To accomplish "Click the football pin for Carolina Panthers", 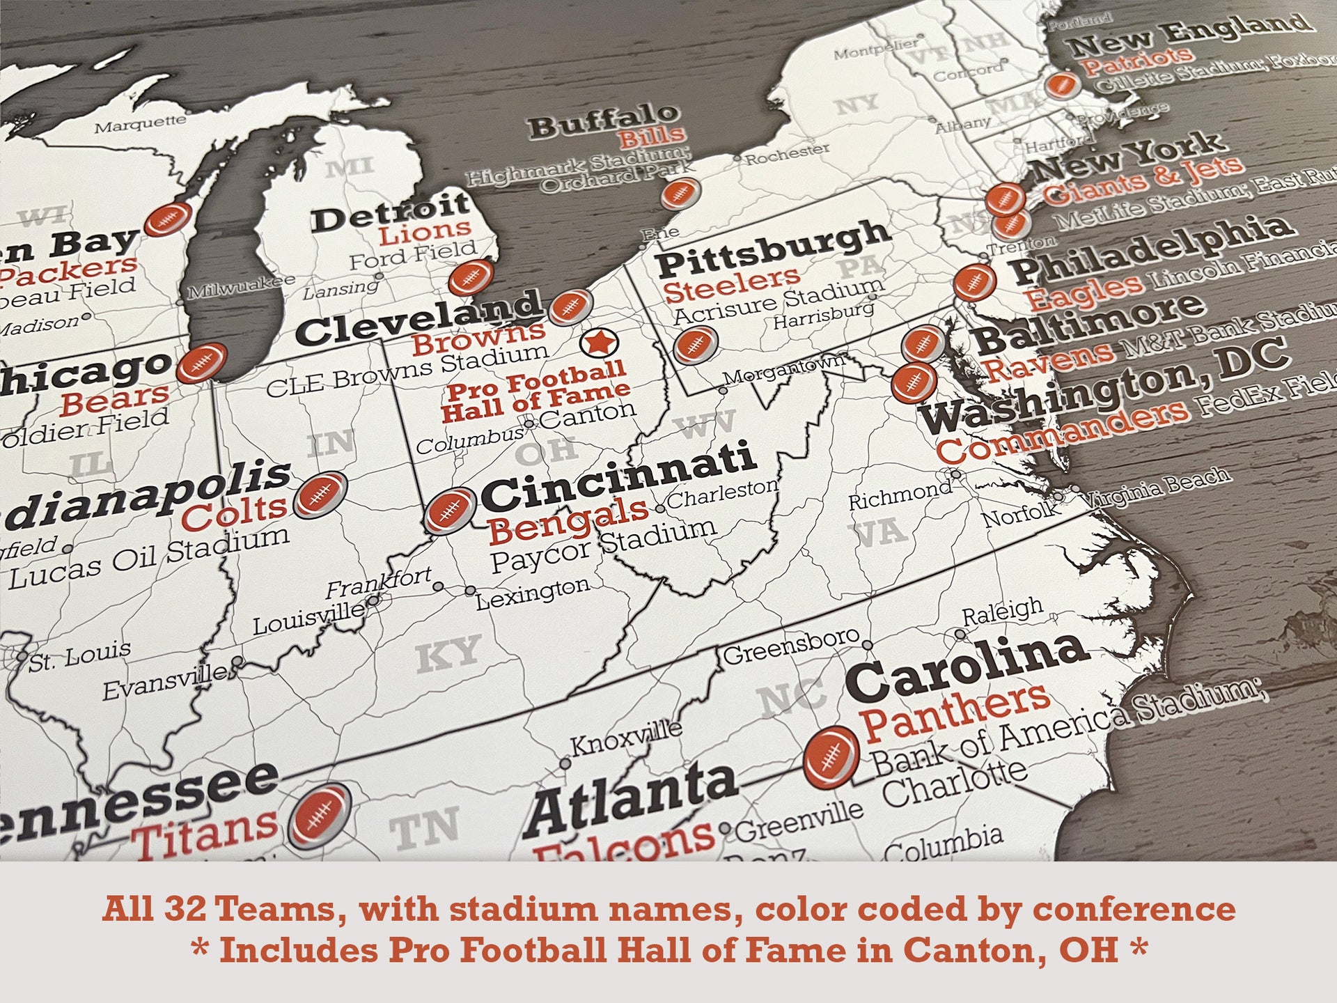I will point(831,756).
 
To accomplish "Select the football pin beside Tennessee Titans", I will point(320,815).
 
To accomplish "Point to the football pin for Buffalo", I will point(680,193).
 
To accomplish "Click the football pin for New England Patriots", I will point(1062,86).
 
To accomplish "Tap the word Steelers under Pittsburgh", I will point(731,283).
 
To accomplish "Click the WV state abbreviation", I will point(705,425).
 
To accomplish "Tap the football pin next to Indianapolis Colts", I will point(320,495).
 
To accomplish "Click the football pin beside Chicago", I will point(201,363).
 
